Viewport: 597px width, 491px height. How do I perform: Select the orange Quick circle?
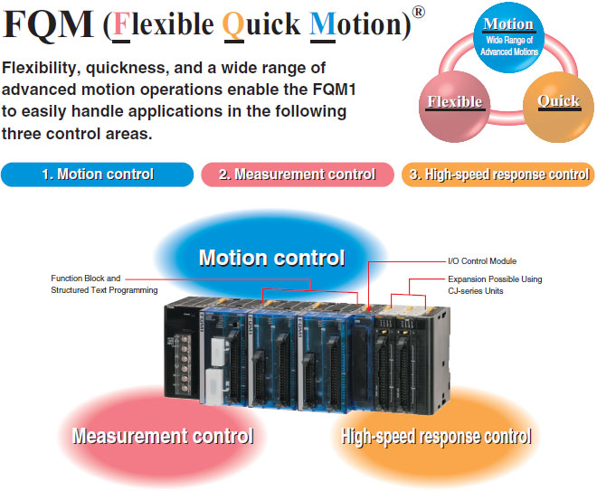click(558, 104)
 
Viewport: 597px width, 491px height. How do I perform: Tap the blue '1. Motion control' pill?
click(98, 175)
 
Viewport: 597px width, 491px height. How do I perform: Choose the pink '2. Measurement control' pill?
click(298, 175)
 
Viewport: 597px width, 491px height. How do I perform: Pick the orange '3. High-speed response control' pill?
click(498, 175)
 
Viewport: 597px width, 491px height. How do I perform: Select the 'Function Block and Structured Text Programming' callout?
click(104, 284)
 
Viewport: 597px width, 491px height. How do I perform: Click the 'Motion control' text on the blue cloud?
click(271, 258)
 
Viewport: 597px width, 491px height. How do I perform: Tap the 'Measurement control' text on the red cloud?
click(163, 437)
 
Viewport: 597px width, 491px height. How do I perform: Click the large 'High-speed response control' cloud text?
click(436, 437)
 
